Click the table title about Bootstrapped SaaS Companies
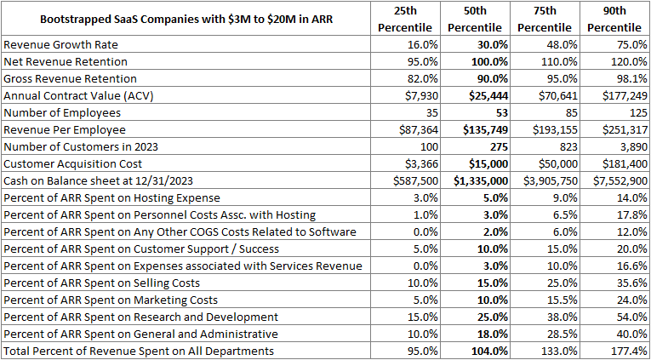tap(186, 19)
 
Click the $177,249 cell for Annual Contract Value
tap(620, 96)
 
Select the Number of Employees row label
tap(62, 113)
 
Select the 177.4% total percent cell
tap(629, 351)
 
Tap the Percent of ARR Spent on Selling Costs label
tap(102, 283)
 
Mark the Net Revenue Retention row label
tap(66, 62)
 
